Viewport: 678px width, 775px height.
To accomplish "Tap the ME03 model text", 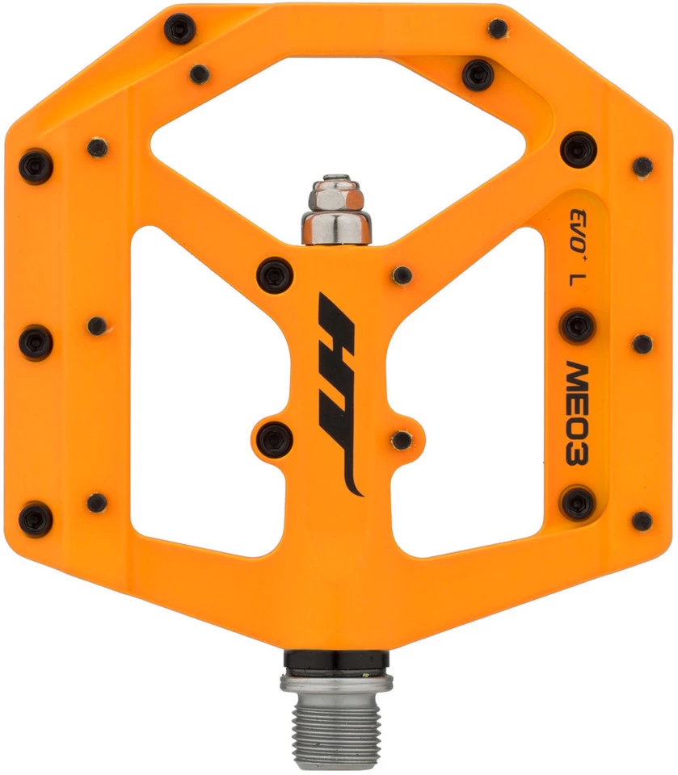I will [x=577, y=412].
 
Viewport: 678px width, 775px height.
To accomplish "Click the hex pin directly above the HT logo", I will [x=274, y=275].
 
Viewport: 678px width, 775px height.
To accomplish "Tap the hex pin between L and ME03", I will [x=577, y=326].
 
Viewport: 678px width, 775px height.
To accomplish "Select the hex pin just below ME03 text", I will [x=578, y=502].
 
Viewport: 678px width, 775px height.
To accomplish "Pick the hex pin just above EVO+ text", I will [x=578, y=150].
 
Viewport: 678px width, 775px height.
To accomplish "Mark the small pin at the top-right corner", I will [x=498, y=29].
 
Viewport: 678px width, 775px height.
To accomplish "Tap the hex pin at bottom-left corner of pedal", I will [x=36, y=518].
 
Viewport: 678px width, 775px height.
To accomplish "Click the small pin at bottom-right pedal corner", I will [x=642, y=521].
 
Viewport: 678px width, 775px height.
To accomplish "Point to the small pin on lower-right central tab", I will [x=402, y=440].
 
